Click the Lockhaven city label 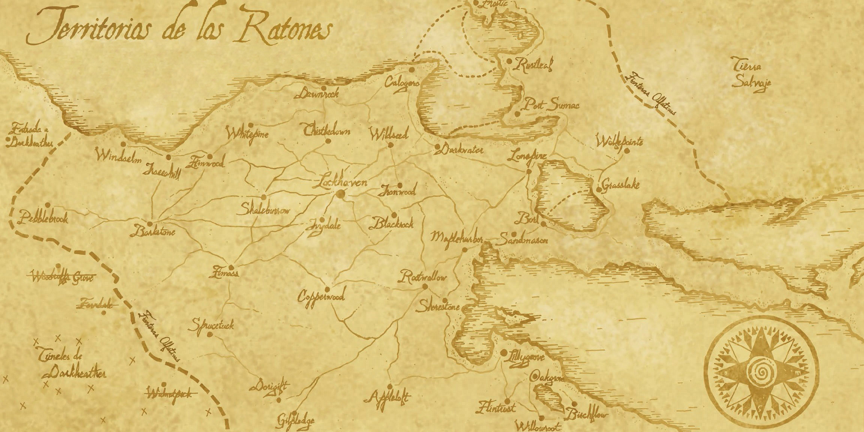341,183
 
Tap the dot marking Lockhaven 341,194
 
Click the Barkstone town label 153,231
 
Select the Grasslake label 620,185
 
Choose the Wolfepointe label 620,142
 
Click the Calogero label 401,83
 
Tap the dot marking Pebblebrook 48,205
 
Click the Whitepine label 247,133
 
